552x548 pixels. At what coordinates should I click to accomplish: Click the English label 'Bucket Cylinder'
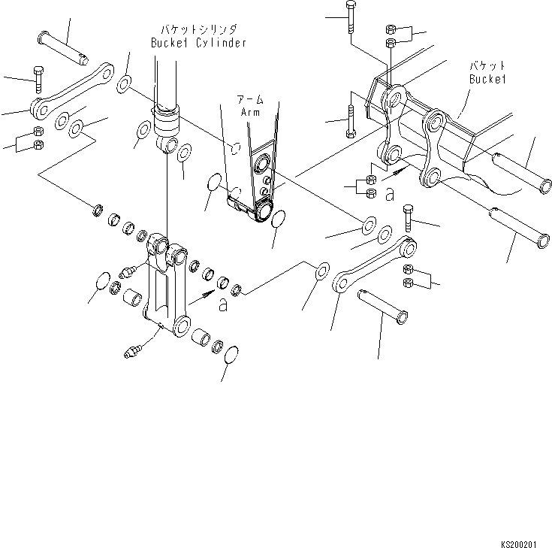coord(198,44)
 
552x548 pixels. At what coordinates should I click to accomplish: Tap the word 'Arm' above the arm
coord(251,112)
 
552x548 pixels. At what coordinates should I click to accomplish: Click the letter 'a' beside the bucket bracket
coord(389,195)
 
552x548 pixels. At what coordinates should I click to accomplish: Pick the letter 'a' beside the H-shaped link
coord(222,304)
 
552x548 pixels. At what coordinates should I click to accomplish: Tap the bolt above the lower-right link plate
coord(407,218)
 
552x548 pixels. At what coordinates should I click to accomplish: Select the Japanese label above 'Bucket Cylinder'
coord(198,29)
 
